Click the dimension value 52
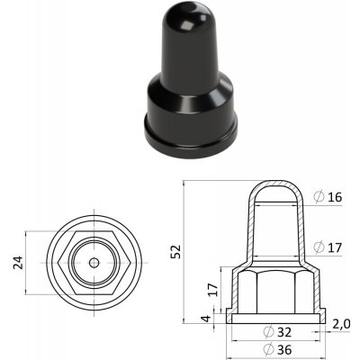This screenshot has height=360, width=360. pyautogui.click(x=176, y=251)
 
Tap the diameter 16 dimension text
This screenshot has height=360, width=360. pyautogui.click(x=328, y=197)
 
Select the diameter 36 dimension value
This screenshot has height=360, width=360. pyautogui.click(x=277, y=349)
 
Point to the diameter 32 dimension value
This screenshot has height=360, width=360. pyautogui.click(x=277, y=332)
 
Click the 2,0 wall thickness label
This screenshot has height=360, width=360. pyautogui.click(x=341, y=324)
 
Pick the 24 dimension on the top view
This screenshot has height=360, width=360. pyautogui.click(x=18, y=263)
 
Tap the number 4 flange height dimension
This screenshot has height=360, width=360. pyautogui.click(x=206, y=319)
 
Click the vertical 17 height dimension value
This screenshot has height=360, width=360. pyautogui.click(x=213, y=289)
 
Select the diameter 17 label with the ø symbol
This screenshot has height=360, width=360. pyautogui.click(x=328, y=247)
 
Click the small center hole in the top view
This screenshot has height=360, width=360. pyautogui.click(x=94, y=263)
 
